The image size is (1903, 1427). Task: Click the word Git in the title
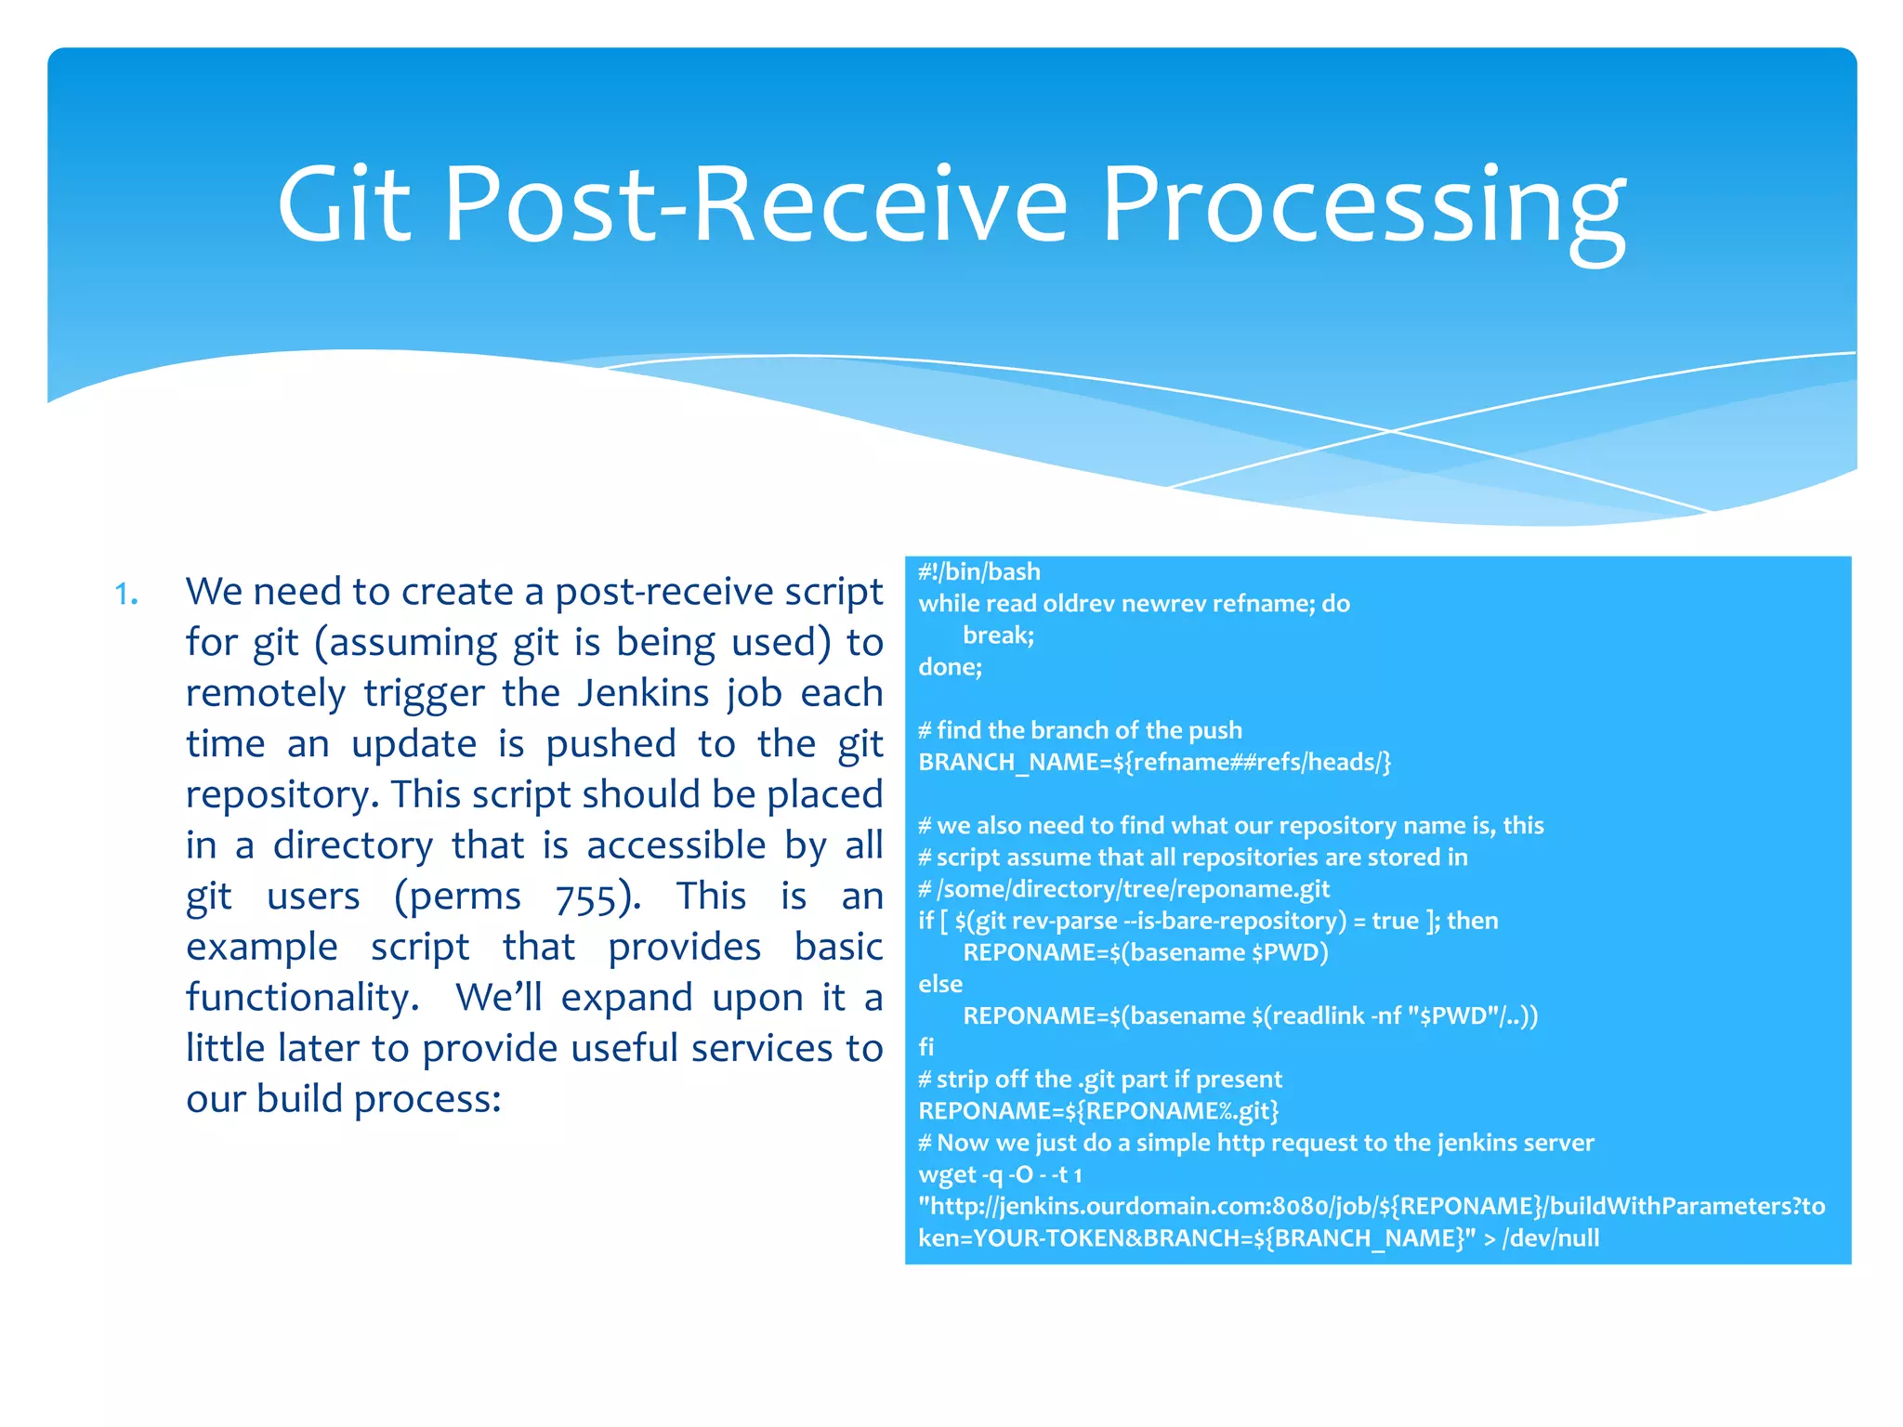point(344,204)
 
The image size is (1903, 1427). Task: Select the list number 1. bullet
point(126,594)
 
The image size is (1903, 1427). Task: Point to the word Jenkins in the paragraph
point(641,694)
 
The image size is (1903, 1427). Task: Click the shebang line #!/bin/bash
point(978,572)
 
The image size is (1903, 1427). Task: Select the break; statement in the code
point(998,635)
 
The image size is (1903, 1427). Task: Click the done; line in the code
point(950,667)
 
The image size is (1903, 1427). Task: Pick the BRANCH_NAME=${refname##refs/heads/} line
point(1154,763)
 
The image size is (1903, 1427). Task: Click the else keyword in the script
point(940,984)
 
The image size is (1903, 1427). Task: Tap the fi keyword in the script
point(925,1048)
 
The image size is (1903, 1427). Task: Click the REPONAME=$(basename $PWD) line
point(1145,953)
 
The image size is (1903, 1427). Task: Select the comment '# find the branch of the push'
point(1080,731)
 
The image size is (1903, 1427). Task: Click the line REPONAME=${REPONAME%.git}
point(1098,1111)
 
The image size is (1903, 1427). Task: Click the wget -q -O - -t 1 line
point(1000,1175)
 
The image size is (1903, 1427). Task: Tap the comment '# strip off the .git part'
point(1100,1080)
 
